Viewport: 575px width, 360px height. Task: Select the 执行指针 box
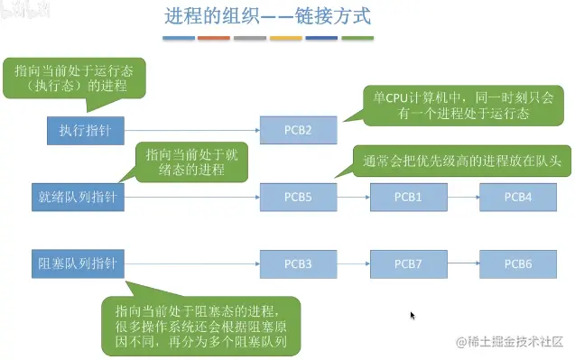pyautogui.click(x=85, y=130)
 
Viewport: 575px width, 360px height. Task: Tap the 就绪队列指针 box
pyautogui.click(x=85, y=196)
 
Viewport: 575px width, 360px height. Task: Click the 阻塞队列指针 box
pyautogui.click(x=85, y=264)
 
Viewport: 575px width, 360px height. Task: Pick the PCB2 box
pyautogui.click(x=299, y=130)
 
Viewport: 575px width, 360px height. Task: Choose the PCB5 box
pyautogui.click(x=299, y=196)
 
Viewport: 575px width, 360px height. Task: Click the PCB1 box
pyautogui.click(x=409, y=196)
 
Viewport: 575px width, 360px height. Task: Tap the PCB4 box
pyautogui.click(x=518, y=196)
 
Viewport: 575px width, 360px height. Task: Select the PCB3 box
pyautogui.click(x=299, y=264)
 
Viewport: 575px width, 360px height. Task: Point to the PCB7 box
pyautogui.click(x=409, y=264)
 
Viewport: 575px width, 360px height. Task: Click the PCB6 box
pyautogui.click(x=518, y=264)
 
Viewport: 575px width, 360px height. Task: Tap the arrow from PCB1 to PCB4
pyautogui.click(x=463, y=196)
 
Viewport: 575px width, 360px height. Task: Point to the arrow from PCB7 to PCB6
pyautogui.click(x=463, y=264)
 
